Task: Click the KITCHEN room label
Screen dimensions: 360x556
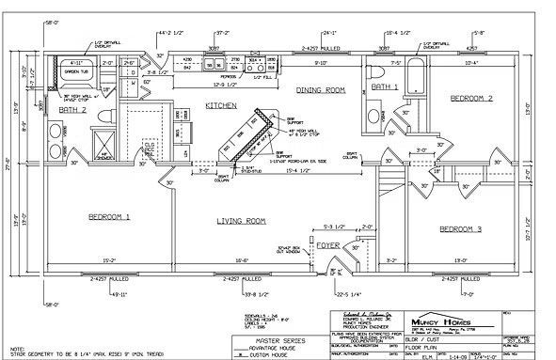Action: (222, 106)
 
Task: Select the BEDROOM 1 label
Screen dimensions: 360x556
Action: (108, 216)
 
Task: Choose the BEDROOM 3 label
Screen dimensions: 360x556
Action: (461, 228)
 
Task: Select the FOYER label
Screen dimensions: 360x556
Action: (327, 245)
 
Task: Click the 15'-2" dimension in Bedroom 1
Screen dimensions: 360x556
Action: (108, 260)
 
